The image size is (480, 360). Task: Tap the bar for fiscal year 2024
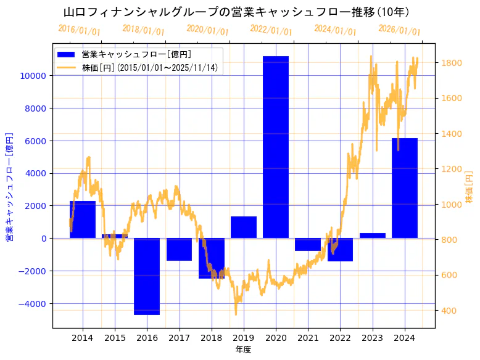coord(405,188)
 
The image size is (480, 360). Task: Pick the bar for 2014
coord(83,219)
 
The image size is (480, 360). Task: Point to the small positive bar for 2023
coord(373,235)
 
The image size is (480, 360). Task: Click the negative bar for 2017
coord(179,249)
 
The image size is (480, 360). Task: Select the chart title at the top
coord(237,12)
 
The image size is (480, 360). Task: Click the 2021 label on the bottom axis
coord(308,338)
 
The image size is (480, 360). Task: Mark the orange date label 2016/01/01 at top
coord(79,30)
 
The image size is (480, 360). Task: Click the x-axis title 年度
coord(243,350)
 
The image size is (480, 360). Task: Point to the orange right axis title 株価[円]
coord(470,188)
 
